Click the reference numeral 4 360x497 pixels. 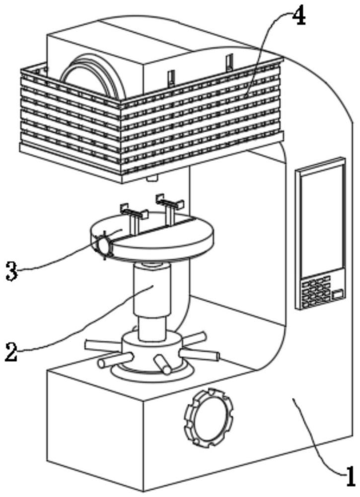(x=298, y=18)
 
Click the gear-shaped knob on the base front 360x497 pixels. (x=209, y=418)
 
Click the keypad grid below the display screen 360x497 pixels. (x=316, y=292)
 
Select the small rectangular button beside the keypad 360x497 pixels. (x=338, y=294)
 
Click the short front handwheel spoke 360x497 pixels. (x=162, y=364)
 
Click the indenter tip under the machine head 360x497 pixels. (x=152, y=179)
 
